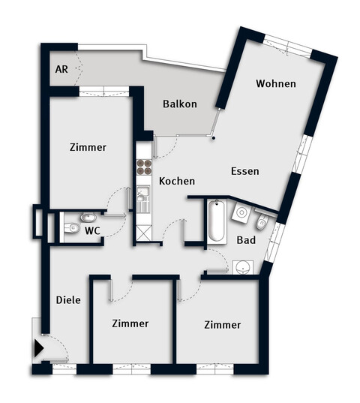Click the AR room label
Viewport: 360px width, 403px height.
(x=61, y=69)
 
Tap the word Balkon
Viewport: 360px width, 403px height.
(x=180, y=104)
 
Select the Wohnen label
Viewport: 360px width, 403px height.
(x=274, y=83)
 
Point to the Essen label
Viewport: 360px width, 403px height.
(x=244, y=171)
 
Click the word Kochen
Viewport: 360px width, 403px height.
(x=177, y=181)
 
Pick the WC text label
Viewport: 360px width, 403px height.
(x=93, y=229)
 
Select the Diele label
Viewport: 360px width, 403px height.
(x=68, y=299)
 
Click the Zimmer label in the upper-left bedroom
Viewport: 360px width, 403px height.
(x=88, y=148)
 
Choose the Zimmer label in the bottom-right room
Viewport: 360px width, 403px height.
(x=222, y=324)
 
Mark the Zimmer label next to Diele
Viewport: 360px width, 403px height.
(x=130, y=323)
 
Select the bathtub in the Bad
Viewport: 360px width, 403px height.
(x=216, y=221)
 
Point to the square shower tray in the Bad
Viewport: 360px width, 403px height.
(x=241, y=213)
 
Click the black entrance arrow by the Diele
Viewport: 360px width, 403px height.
(x=38, y=348)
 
